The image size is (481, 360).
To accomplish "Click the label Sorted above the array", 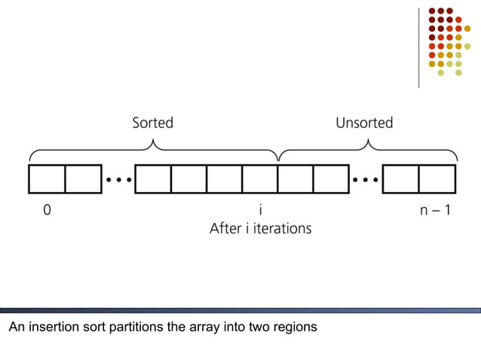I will pos(153,122).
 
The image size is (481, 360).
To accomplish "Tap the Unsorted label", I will pos(364,122).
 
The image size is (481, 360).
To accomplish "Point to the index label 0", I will pos(47,210).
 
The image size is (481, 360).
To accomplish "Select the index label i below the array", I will pos(260,210).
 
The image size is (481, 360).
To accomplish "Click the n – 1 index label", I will pos(436,210).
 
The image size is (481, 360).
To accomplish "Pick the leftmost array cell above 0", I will pos(47,179).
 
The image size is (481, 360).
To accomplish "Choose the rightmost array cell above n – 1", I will pos(437,179).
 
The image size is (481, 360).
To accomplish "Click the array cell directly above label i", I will pos(260,179).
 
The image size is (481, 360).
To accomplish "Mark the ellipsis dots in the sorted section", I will pos(118,180).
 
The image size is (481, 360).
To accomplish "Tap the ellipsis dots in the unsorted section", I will pos(366,180).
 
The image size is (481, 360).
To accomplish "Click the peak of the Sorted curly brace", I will pos(153,140).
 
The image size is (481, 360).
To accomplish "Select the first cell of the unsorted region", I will pos(296,179).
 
